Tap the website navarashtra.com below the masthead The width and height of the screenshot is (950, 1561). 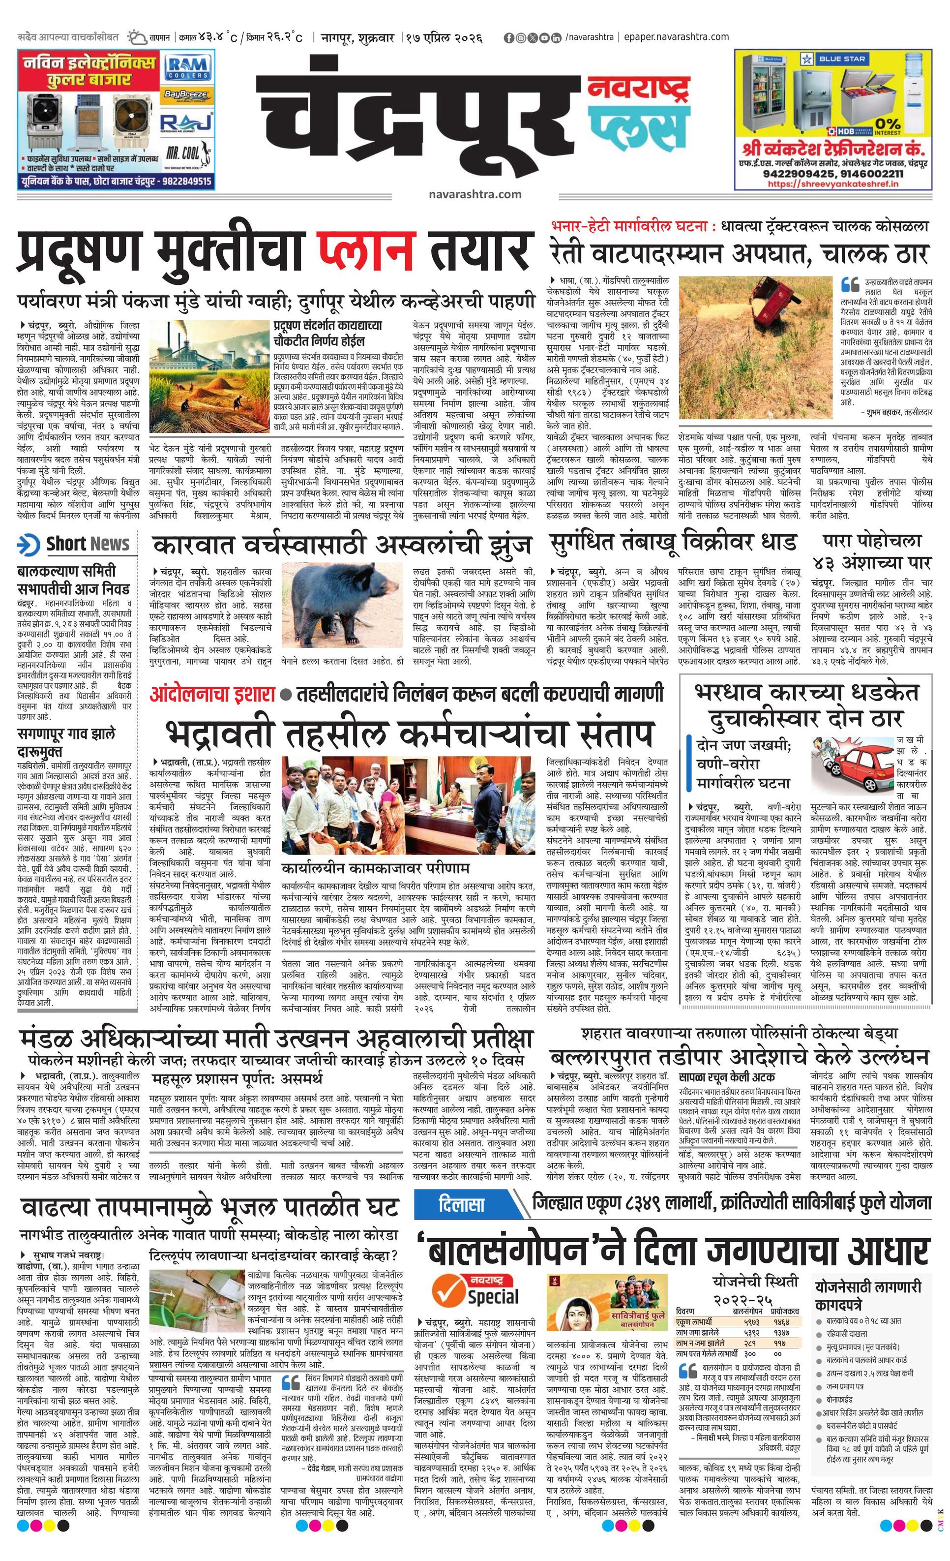click(475, 194)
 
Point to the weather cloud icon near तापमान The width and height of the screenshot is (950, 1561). click(136, 37)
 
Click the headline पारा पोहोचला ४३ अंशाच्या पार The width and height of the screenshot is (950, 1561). click(872, 551)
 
